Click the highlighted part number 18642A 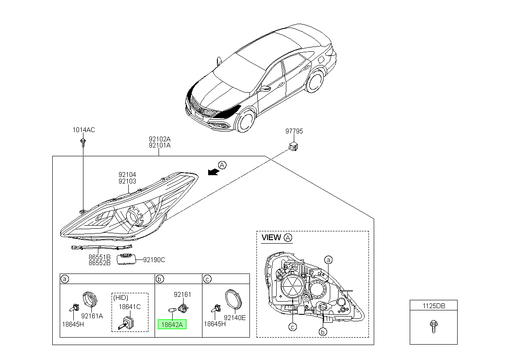tap(172, 324)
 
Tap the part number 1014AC tap(84, 130)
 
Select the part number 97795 tap(294, 131)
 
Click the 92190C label tap(154, 260)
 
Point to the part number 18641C tap(130, 307)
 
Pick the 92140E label tap(235, 318)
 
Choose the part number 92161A tap(92, 316)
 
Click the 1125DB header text tap(434, 306)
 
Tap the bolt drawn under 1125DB tap(433, 326)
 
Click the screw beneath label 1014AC tap(83, 143)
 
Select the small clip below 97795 tap(293, 147)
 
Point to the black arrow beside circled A tap(213, 172)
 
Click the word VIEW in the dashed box tap(271, 238)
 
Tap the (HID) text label tap(121, 298)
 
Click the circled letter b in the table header tap(159, 279)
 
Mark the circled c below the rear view tap(292, 327)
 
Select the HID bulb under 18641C tap(126, 323)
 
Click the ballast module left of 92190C tap(126, 259)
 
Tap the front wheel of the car tap(245, 122)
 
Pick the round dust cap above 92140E tap(234, 301)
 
